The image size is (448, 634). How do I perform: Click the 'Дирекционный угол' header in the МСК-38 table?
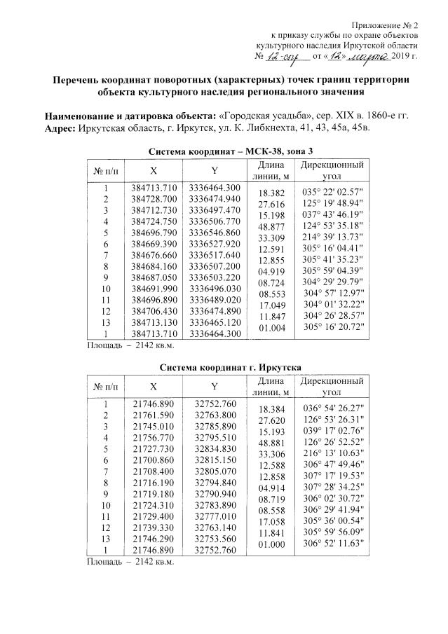pyautogui.click(x=331, y=170)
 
